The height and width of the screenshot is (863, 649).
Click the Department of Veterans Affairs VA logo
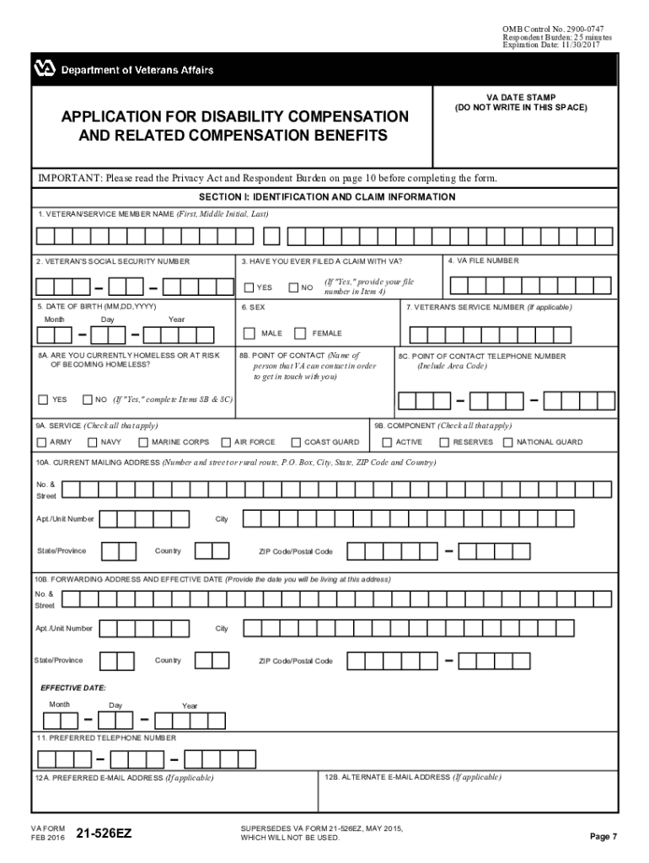tap(45, 69)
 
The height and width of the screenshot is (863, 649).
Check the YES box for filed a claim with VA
tap(249, 287)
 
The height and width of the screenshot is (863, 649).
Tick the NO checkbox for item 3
tap(293, 287)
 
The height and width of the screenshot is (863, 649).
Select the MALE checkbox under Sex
tap(249, 333)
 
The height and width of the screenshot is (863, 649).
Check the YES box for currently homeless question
tap(43, 399)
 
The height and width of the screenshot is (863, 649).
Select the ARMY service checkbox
tap(41, 442)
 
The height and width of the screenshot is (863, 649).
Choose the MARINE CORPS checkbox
tap(143, 442)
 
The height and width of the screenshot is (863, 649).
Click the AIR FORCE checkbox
tap(226, 442)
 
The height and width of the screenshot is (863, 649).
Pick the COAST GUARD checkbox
tap(296, 442)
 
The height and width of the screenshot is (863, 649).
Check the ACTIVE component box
tap(387, 442)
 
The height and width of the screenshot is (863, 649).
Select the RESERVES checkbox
tap(444, 442)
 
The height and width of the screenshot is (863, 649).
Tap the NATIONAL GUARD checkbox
tap(507, 442)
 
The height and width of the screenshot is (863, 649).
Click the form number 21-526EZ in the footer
tap(104, 834)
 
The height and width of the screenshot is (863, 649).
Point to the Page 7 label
tap(603, 836)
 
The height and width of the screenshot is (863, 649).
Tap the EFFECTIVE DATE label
tap(73, 688)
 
